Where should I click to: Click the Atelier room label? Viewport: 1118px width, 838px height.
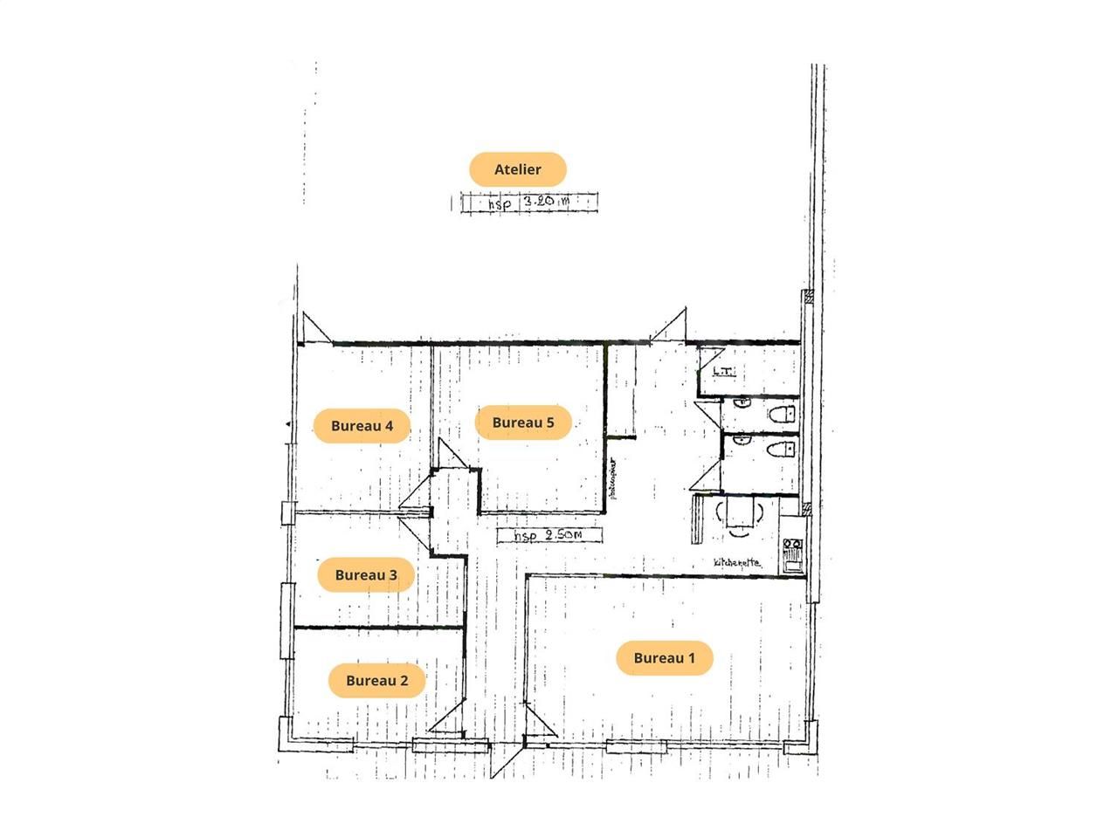518,169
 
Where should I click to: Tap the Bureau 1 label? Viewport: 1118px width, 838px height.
664,658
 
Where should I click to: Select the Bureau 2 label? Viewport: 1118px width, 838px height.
376,680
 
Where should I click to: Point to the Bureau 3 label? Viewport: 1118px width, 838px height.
366,575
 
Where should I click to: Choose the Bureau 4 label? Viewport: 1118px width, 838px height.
362,426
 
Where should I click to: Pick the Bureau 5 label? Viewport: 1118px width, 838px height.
523,422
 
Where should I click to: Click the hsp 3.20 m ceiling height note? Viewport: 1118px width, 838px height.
531,203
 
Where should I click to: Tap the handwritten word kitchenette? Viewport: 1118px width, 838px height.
736,563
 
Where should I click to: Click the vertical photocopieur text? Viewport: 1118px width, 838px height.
613,479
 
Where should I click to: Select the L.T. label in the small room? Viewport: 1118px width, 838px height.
723,371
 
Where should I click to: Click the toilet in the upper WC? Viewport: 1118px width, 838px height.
780,413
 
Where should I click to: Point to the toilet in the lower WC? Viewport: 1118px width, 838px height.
778,450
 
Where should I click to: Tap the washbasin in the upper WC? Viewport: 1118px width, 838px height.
742,403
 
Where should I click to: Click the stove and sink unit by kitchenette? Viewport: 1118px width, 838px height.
793,554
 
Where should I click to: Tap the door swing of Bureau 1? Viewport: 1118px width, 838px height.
541,725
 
